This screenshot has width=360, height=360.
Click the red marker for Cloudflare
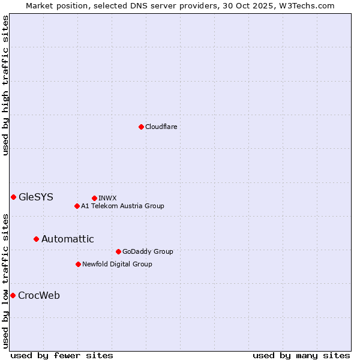[x=141, y=127]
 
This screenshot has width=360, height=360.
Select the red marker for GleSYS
[x=13, y=197]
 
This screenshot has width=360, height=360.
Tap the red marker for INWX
[x=94, y=198]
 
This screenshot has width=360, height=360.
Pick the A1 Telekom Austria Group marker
[x=77, y=206]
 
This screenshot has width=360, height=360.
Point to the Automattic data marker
[x=36, y=239]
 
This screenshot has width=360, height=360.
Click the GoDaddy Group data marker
[x=118, y=251]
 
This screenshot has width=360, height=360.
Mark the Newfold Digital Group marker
[x=78, y=264]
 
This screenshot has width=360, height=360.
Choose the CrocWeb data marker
[x=13, y=295]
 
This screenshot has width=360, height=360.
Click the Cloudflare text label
[x=161, y=127]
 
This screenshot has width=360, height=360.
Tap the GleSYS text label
[x=36, y=197]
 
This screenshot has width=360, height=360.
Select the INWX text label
[x=107, y=198]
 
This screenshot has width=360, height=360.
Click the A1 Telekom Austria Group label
[x=122, y=206]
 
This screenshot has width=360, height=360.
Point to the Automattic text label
[x=68, y=239]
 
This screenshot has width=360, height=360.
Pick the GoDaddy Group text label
[x=148, y=251]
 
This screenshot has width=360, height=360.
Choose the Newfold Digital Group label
[x=117, y=264]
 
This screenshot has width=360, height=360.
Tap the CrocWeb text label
[x=39, y=295]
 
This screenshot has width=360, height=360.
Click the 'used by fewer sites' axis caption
[x=62, y=355]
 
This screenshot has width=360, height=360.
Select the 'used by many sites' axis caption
[x=301, y=355]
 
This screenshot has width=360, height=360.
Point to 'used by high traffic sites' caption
[x=5, y=85]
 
